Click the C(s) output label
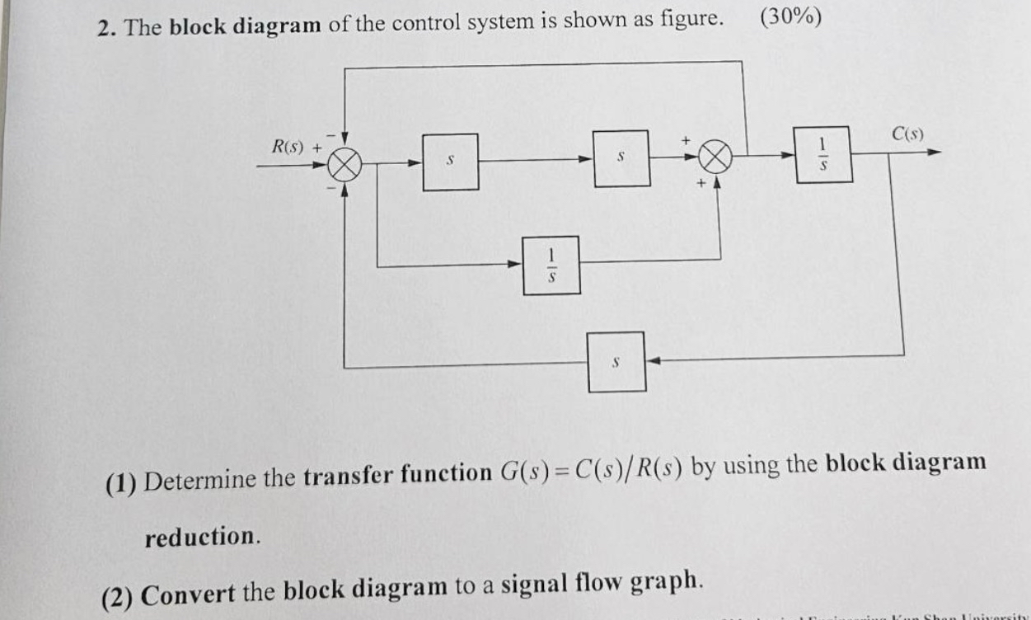(x=907, y=134)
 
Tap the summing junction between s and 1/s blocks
(x=716, y=156)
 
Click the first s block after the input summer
(x=450, y=162)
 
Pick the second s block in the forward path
(x=621, y=156)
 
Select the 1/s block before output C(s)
(x=822, y=154)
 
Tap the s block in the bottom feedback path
(x=616, y=361)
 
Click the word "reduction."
(x=203, y=537)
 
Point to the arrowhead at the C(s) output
(x=933, y=153)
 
